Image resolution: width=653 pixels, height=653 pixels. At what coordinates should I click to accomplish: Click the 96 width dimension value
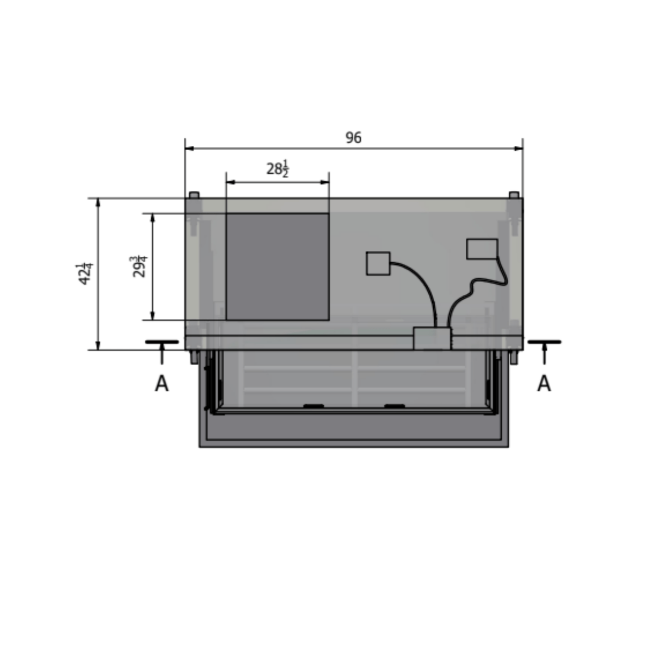click(353, 138)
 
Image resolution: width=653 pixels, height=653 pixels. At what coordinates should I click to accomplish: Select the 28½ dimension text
click(278, 169)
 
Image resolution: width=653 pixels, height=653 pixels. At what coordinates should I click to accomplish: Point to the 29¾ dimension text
click(140, 267)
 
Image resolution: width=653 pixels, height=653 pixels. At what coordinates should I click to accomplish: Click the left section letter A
click(162, 384)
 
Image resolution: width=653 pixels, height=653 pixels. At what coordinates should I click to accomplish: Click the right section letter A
click(544, 384)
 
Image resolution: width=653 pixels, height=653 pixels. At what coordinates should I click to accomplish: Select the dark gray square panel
click(277, 266)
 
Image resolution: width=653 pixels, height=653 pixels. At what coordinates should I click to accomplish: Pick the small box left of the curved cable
click(378, 263)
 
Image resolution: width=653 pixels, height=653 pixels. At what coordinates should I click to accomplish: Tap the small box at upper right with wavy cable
click(482, 249)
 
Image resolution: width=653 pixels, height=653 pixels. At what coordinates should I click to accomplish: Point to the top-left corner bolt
click(194, 195)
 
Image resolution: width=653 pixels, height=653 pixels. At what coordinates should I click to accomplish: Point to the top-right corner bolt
click(514, 195)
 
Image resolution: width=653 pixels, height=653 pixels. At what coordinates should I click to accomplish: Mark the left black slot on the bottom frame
click(313, 406)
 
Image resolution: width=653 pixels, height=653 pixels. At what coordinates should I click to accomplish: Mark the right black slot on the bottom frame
click(394, 406)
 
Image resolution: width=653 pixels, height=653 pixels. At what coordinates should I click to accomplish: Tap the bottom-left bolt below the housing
click(194, 358)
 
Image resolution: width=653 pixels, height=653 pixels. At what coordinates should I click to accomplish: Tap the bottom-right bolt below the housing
click(513, 358)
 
